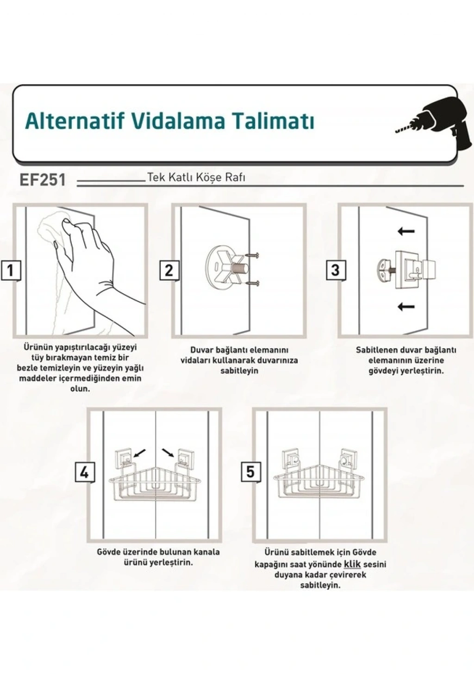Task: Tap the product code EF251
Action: click(x=43, y=180)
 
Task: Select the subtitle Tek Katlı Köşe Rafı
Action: click(x=196, y=178)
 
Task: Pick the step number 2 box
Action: click(x=169, y=271)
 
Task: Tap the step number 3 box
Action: click(x=336, y=271)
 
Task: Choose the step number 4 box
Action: click(x=85, y=472)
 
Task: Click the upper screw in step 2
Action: click(x=252, y=255)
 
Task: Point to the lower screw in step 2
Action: click(x=252, y=283)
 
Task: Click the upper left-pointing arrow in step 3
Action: click(x=406, y=231)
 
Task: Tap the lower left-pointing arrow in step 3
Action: click(x=406, y=307)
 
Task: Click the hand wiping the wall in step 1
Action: click(x=90, y=259)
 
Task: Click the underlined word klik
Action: click(x=352, y=564)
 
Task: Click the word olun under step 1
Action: click(x=80, y=388)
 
